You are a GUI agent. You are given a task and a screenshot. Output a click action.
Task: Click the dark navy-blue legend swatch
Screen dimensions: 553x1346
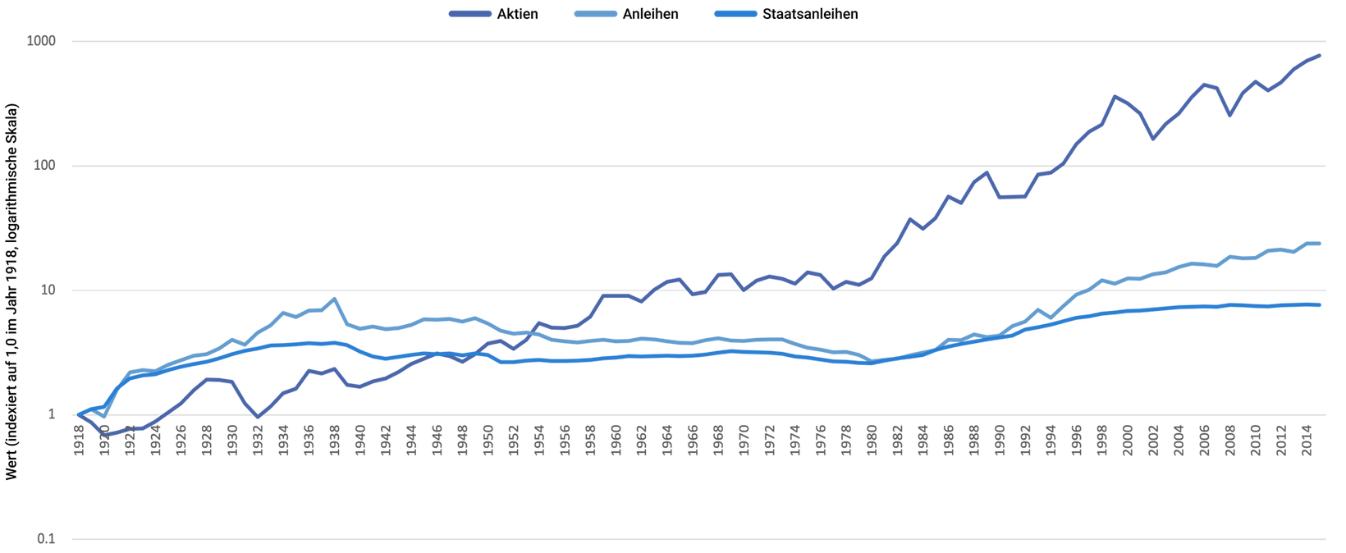[x=471, y=17]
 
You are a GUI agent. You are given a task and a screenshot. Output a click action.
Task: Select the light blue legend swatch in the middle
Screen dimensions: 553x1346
[x=597, y=17]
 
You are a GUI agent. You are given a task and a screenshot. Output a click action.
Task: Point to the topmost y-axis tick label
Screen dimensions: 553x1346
[x=47, y=43]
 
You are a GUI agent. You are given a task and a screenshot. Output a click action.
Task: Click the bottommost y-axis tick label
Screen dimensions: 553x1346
[x=51, y=542]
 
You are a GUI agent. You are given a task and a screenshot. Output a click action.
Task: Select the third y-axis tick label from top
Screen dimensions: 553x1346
[x=49, y=288]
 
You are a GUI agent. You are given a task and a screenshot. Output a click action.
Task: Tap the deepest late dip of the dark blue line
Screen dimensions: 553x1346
[x=1156, y=126]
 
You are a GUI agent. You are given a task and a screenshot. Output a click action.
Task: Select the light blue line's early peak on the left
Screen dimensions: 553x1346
[x=332, y=299]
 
